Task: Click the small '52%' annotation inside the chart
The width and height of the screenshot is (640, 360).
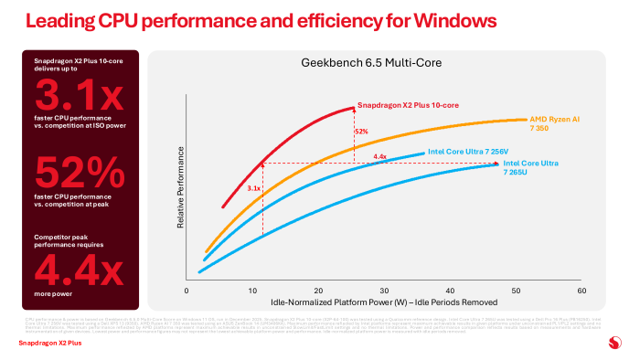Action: tap(362, 132)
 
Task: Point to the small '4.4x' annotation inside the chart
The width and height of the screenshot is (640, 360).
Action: tap(381, 157)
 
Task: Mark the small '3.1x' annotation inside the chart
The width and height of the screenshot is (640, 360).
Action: tap(254, 188)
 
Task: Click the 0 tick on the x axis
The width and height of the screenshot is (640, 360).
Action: tap(187, 291)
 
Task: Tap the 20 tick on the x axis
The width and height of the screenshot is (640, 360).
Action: tap(317, 291)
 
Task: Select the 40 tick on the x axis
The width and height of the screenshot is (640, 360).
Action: tap(449, 291)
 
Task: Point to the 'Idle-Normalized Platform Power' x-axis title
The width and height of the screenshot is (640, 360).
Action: tap(384, 302)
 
